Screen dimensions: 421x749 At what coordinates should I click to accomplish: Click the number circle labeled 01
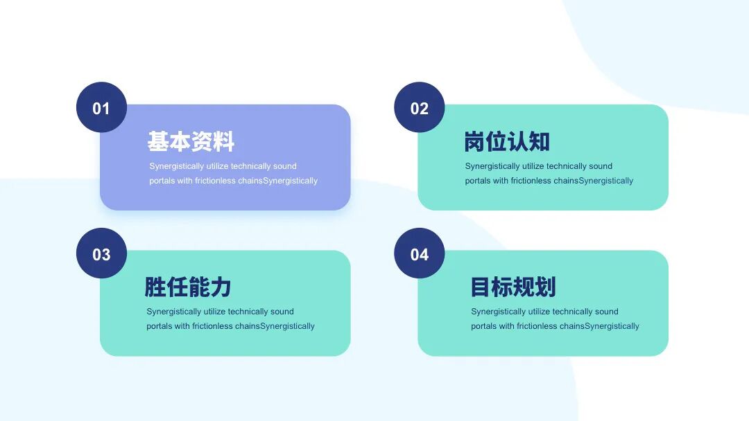[x=101, y=107]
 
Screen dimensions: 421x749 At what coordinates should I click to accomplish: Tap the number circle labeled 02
[x=420, y=107]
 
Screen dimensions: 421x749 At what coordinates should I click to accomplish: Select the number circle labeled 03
[x=101, y=253]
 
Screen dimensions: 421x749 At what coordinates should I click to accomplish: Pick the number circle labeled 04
[x=420, y=253]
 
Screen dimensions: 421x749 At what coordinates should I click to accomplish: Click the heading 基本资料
[x=191, y=142]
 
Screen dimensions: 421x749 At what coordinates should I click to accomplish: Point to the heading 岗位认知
[x=507, y=142]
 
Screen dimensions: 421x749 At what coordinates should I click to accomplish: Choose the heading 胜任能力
[x=188, y=287]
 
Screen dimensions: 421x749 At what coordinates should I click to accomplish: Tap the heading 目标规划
[x=513, y=287]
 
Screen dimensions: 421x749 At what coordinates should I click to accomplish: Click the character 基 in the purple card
[x=158, y=142]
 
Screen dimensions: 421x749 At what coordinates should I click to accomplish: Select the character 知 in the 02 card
[x=540, y=142]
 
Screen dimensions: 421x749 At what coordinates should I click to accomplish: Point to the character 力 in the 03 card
[x=221, y=287]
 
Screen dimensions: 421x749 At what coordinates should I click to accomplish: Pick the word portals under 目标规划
[x=483, y=326]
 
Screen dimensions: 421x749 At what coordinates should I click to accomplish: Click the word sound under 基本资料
[x=285, y=166]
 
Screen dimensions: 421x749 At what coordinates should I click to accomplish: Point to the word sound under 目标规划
[x=607, y=312]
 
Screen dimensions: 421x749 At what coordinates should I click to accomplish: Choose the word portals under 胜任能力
[x=159, y=326]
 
